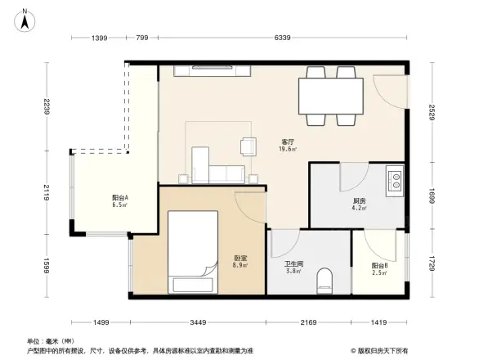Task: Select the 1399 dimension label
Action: click(99, 38)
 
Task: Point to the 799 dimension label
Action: click(141, 38)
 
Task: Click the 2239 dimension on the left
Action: click(49, 106)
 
